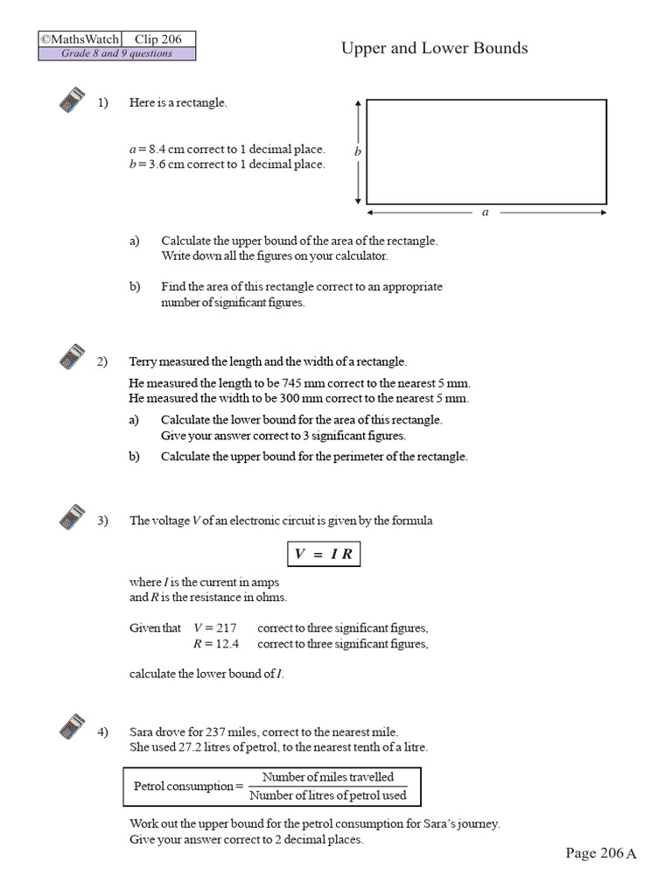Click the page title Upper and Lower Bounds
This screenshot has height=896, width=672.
(x=434, y=48)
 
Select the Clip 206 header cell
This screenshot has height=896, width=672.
(x=157, y=39)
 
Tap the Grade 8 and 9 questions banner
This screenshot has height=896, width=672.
(x=116, y=54)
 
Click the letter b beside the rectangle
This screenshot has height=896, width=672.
(x=357, y=151)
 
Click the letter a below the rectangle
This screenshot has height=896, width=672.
(x=486, y=212)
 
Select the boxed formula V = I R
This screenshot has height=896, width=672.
(x=324, y=555)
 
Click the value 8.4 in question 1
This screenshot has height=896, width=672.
(x=154, y=150)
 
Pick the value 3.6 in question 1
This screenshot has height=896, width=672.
(x=154, y=164)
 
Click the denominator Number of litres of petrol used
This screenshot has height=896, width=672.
(x=328, y=794)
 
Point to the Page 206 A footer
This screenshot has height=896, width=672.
(x=600, y=853)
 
